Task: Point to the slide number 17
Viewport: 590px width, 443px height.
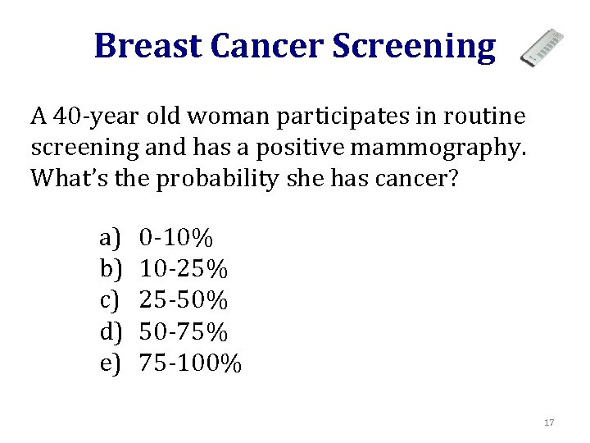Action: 549,422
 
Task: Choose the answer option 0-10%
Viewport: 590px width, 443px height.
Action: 176,239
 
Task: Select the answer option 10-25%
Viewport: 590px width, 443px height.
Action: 184,269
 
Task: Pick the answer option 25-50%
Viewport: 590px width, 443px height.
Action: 184,300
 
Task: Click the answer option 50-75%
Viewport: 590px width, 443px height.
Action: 184,331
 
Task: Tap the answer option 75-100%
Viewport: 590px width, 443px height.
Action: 191,363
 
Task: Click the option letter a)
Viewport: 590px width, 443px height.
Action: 110,239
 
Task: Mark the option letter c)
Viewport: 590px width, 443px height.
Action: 110,300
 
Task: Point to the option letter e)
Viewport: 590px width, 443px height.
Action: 110,363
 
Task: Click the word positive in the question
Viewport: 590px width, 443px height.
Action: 310,148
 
